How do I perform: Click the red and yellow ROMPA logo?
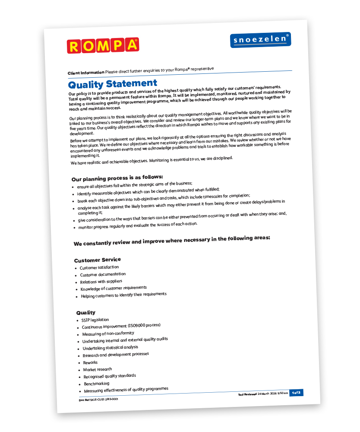(x=103, y=45)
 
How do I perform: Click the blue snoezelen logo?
(x=260, y=39)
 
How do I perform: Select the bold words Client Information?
(x=86, y=73)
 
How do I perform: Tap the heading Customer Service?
(x=98, y=260)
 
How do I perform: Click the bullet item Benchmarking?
(x=96, y=384)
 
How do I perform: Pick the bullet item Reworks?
(x=90, y=362)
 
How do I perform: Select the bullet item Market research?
(x=98, y=369)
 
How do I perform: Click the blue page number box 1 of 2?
(x=296, y=392)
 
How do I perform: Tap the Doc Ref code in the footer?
(x=98, y=399)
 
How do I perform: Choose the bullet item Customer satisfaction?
(x=99, y=268)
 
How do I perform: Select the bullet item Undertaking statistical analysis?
(x=111, y=348)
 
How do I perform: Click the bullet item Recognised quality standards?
(x=110, y=376)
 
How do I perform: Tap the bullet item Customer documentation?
(x=103, y=274)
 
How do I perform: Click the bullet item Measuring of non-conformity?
(x=108, y=334)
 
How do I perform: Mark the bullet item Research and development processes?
(x=116, y=355)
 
